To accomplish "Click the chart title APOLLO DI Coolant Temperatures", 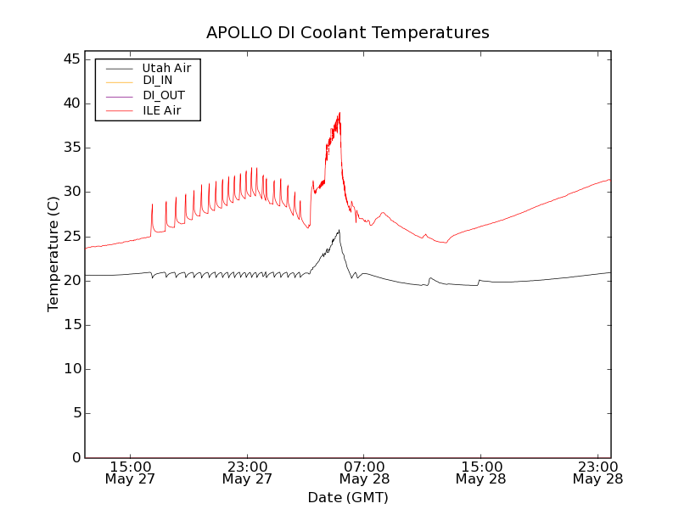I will (x=348, y=33).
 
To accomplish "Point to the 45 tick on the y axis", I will (x=72, y=59).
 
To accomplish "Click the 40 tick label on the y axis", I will (x=72, y=103).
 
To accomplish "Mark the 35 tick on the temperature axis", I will (x=72, y=148).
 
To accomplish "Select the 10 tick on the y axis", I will (x=72, y=369).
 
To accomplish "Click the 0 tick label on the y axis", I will (x=76, y=457).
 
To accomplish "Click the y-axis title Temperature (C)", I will (x=53, y=254).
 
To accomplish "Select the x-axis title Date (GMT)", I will (x=348, y=497).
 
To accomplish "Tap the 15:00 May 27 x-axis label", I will (x=131, y=473).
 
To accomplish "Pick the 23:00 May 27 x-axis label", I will (x=248, y=473).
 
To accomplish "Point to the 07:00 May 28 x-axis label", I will (x=364, y=473).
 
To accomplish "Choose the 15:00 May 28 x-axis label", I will (x=480, y=473).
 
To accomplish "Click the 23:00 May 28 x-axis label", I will (x=598, y=473).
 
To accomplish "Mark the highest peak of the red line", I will (x=339, y=112).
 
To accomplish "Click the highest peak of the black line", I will (x=339, y=230).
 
